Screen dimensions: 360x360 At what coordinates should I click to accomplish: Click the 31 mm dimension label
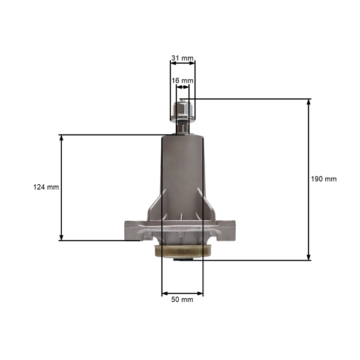(x=182, y=58)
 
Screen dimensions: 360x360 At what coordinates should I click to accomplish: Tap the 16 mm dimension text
(x=182, y=80)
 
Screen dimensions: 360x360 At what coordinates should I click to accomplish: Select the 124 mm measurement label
(x=46, y=187)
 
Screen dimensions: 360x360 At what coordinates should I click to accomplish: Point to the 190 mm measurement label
(x=324, y=179)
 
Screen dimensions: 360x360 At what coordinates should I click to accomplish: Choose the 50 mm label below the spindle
(x=182, y=299)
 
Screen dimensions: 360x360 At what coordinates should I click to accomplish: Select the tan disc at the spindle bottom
(x=182, y=251)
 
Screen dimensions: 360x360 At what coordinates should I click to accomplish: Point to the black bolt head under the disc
(x=182, y=259)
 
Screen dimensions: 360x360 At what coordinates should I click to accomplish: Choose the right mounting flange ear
(x=230, y=230)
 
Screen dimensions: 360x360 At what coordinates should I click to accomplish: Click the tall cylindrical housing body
(x=182, y=174)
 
